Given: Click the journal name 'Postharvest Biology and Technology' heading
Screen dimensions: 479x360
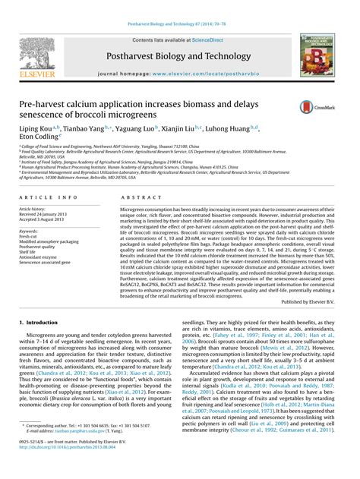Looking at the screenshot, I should pos(179,56).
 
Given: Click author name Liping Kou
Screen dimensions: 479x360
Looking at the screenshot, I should pos(36,131).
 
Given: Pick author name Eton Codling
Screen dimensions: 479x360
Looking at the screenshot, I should pos(43,140).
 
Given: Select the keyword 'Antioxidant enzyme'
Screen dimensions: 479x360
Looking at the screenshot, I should pos(39,257).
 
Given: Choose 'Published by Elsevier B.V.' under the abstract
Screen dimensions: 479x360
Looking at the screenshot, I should pos(308,301).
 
